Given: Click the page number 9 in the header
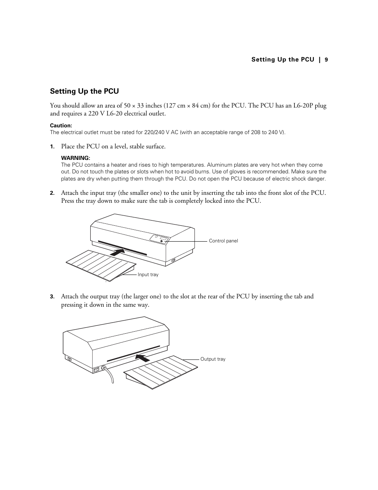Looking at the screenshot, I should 326,60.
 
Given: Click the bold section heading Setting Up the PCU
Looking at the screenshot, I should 84,91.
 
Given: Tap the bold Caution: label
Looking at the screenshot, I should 61,126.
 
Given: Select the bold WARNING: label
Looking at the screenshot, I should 76,158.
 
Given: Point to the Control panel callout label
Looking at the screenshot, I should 223,241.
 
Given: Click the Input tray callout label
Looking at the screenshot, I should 148,275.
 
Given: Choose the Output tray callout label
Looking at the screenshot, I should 213,359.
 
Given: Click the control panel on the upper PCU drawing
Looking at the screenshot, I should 160,239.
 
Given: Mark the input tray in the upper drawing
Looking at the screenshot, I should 101,264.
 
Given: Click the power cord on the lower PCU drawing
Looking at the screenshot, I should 109,375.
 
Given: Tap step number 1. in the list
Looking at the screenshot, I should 52,147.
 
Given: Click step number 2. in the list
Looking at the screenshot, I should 52,193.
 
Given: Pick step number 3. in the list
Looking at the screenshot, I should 52,297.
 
